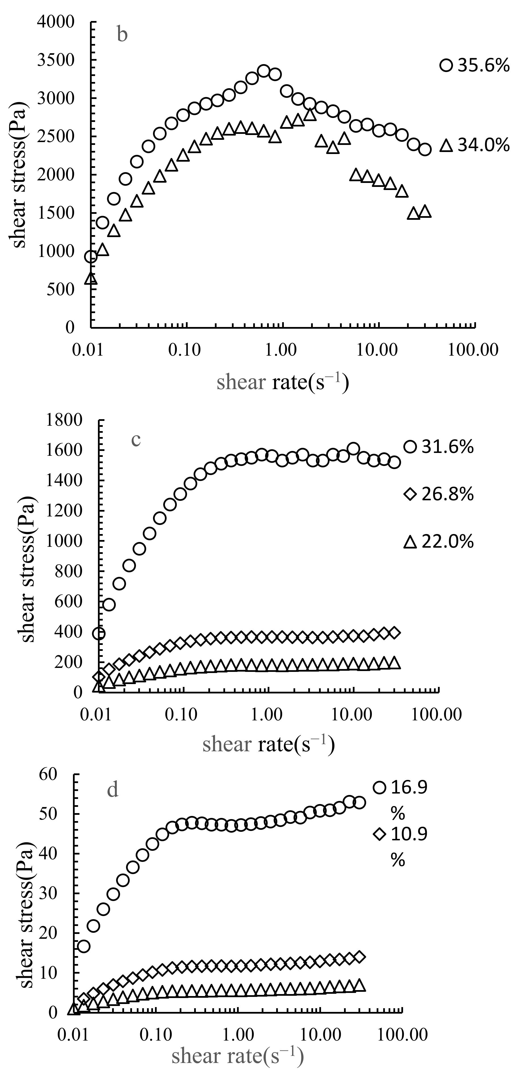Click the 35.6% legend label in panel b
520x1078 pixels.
[x=483, y=66]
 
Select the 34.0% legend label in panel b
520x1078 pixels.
[x=483, y=145]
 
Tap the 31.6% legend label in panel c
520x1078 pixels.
[x=447, y=447]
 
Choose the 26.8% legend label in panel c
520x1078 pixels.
[x=447, y=495]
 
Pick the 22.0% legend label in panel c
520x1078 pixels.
[x=447, y=542]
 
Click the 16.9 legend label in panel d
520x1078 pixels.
[x=409, y=788]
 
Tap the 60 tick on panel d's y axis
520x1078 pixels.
[x=48, y=774]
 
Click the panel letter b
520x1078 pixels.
[x=122, y=35]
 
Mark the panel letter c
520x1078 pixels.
[x=136, y=440]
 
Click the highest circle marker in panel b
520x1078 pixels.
[x=263, y=71]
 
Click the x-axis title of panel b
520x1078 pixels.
[x=283, y=382]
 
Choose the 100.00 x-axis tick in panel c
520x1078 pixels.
[x=436, y=715]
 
